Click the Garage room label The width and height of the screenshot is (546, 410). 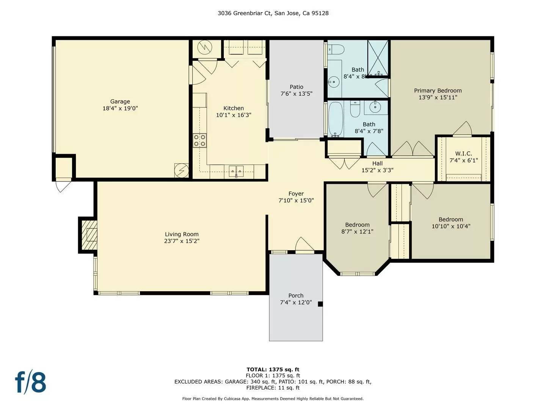coord(120,101)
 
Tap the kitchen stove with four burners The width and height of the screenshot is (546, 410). coord(199,140)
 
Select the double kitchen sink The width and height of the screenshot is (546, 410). coord(236,170)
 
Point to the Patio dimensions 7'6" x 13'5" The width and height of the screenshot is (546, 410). coord(296,94)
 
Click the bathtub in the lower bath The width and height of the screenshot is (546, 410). coord(335,119)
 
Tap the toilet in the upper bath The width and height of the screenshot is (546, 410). coord(336,49)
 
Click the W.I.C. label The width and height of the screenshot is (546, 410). coord(463,153)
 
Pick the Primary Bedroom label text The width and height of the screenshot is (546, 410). coord(438,90)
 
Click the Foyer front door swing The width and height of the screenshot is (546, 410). coord(304,245)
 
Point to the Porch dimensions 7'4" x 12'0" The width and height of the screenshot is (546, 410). coord(296,303)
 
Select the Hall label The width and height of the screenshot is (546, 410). coord(377,163)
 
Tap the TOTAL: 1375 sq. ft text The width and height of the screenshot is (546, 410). coord(273,369)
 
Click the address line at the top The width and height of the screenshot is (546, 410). coord(273,13)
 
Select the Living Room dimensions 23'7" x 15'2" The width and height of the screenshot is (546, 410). coord(182,241)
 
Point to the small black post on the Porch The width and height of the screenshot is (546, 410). coord(320,304)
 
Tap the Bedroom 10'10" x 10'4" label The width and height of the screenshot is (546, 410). coord(451,219)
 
